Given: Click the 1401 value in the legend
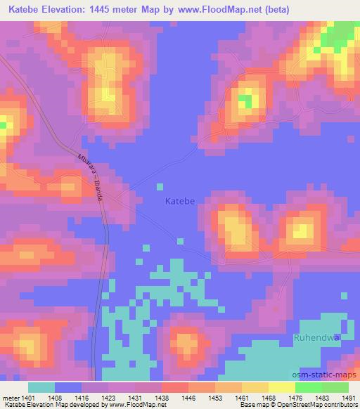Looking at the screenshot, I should [x=28, y=398].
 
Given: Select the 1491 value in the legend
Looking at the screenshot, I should [x=347, y=398].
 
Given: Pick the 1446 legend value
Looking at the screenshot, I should [x=188, y=398].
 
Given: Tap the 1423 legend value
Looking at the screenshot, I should [x=108, y=398].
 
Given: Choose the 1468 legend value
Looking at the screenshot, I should [x=268, y=398].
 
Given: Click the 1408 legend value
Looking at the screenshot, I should [x=55, y=398].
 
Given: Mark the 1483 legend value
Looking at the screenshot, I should [x=321, y=398].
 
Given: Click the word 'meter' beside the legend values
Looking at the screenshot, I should [x=10, y=398].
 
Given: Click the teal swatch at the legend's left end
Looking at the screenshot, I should [x=41, y=387].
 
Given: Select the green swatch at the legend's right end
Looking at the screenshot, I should [x=335, y=387].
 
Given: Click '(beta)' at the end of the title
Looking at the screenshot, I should [x=271, y=9].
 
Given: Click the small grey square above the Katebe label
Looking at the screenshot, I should [x=160, y=186].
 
